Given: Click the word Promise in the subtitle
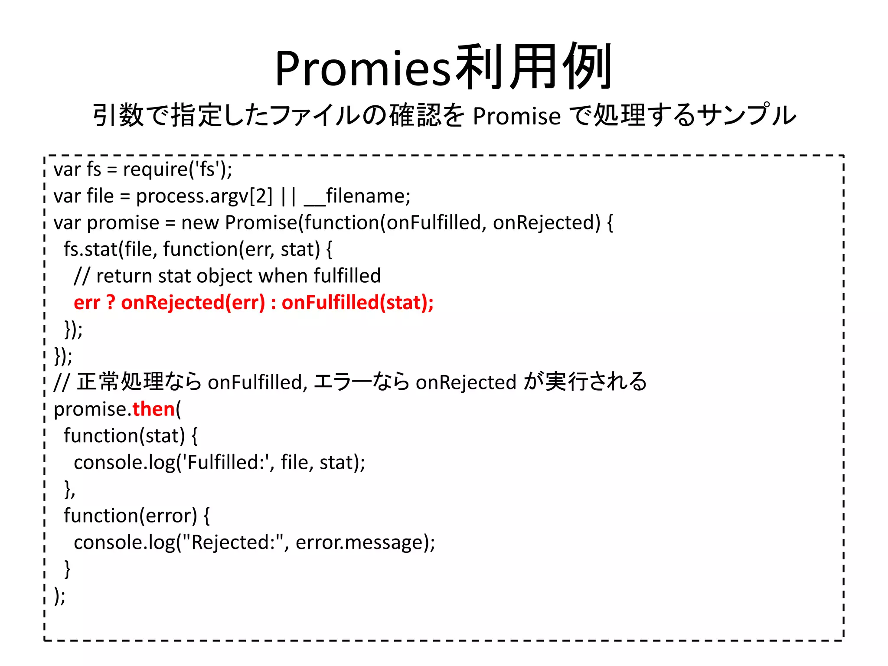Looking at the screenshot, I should click(516, 116).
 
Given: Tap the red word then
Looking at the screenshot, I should click(153, 409).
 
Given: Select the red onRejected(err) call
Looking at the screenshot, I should click(193, 303).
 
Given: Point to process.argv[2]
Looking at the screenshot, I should click(204, 196).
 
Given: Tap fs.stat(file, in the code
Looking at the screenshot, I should click(110, 249).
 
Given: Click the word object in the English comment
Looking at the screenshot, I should click(224, 276).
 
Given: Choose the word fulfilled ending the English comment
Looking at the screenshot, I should click(347, 276).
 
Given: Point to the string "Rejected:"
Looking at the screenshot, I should click(236, 542).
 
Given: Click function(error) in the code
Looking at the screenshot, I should click(130, 516).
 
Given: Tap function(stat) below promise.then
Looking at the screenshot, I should click(124, 436).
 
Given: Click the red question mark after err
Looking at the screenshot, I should click(111, 303).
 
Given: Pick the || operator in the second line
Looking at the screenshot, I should click(288, 196).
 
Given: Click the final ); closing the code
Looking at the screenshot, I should click(60, 596).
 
